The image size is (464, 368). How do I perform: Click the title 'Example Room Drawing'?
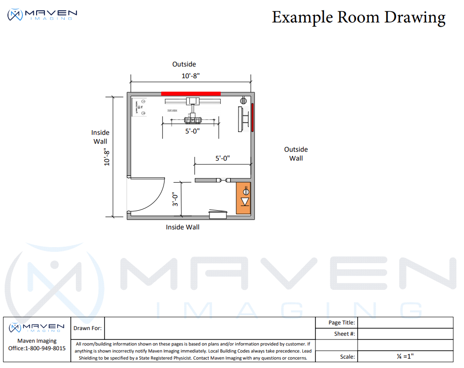click(359, 17)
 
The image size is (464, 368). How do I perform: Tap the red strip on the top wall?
click(191, 94)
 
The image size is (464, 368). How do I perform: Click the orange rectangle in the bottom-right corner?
click(243, 198)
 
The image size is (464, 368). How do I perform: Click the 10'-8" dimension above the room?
click(191, 75)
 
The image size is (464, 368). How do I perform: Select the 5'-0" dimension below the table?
click(192, 132)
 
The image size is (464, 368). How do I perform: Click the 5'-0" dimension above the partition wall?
click(223, 158)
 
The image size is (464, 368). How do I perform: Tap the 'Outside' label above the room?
click(184, 64)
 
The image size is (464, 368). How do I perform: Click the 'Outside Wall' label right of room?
click(296, 154)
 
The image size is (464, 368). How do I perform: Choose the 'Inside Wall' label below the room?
click(183, 227)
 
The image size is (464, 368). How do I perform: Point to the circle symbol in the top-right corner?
click(243, 100)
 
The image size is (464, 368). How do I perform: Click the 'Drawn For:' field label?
click(88, 328)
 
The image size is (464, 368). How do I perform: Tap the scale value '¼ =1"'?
click(405, 356)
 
